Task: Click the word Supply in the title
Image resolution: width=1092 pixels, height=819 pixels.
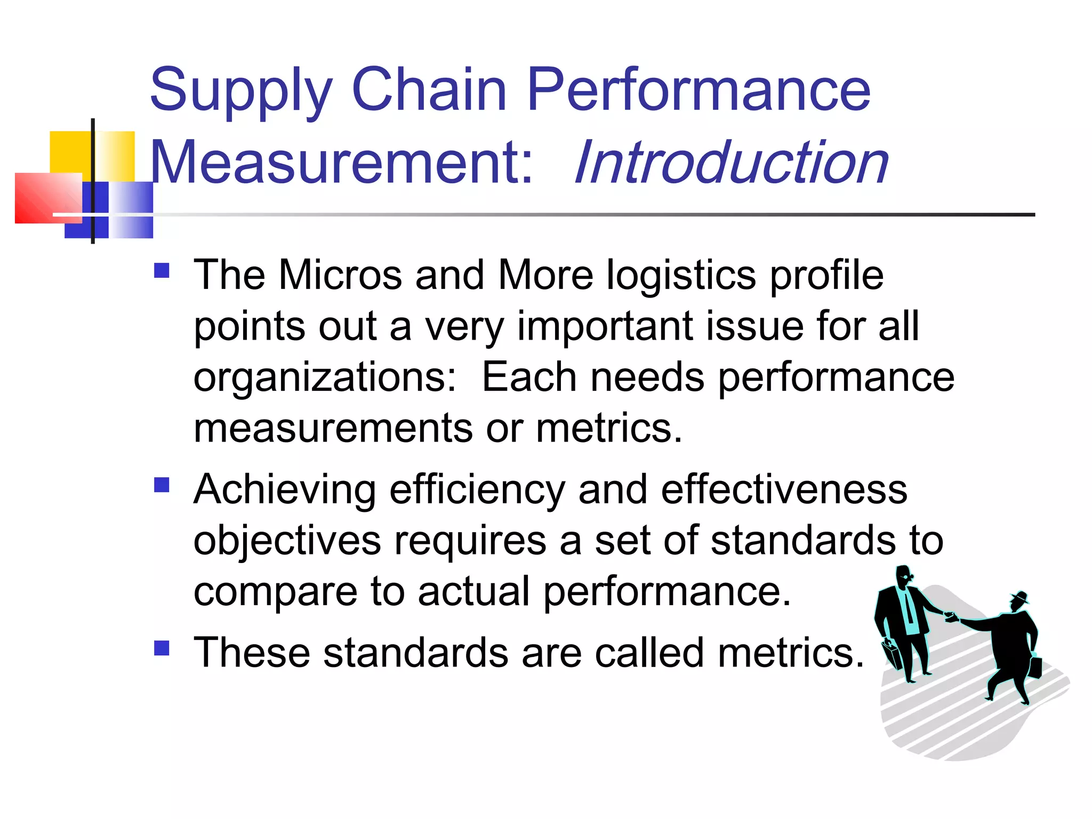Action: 241,91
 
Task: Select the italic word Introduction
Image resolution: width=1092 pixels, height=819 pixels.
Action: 732,162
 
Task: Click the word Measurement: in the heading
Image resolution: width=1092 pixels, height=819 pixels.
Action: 341,162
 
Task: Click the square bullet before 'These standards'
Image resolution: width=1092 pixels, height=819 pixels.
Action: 162,648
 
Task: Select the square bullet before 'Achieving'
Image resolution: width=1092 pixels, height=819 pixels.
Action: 162,485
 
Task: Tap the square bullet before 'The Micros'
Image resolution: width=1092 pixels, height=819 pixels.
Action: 162,270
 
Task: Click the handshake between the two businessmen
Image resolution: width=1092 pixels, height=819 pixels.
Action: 951,617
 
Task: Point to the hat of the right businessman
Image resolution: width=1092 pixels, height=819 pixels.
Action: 1020,597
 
